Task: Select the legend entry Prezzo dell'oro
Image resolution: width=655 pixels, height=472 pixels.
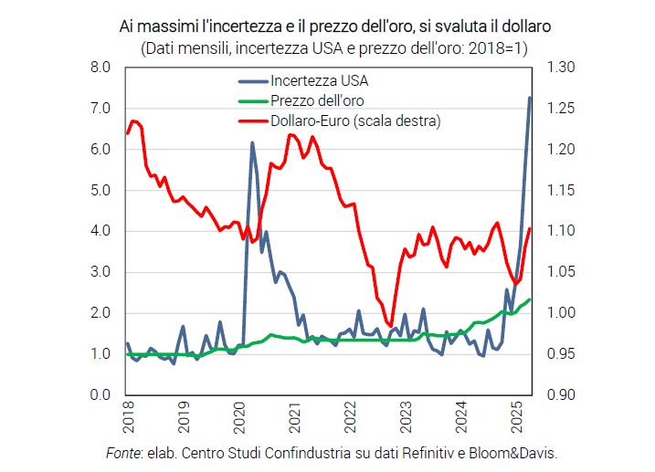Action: click(x=319, y=100)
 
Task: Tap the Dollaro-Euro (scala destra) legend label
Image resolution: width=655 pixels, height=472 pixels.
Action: click(x=351, y=121)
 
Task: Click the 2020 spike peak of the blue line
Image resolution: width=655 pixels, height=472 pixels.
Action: click(x=253, y=143)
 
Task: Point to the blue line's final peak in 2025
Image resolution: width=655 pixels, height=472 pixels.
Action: click(x=531, y=98)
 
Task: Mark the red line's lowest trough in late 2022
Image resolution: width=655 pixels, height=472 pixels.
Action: click(x=390, y=325)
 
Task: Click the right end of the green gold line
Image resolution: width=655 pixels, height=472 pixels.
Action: click(x=531, y=299)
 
